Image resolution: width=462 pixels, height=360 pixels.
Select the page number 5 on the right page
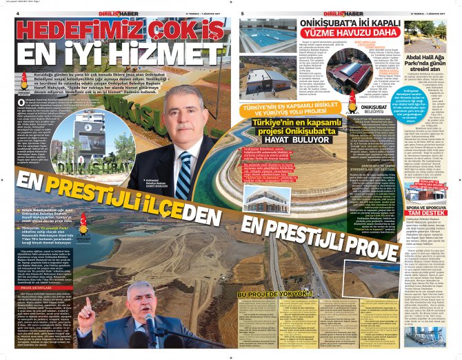tap(243, 12)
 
